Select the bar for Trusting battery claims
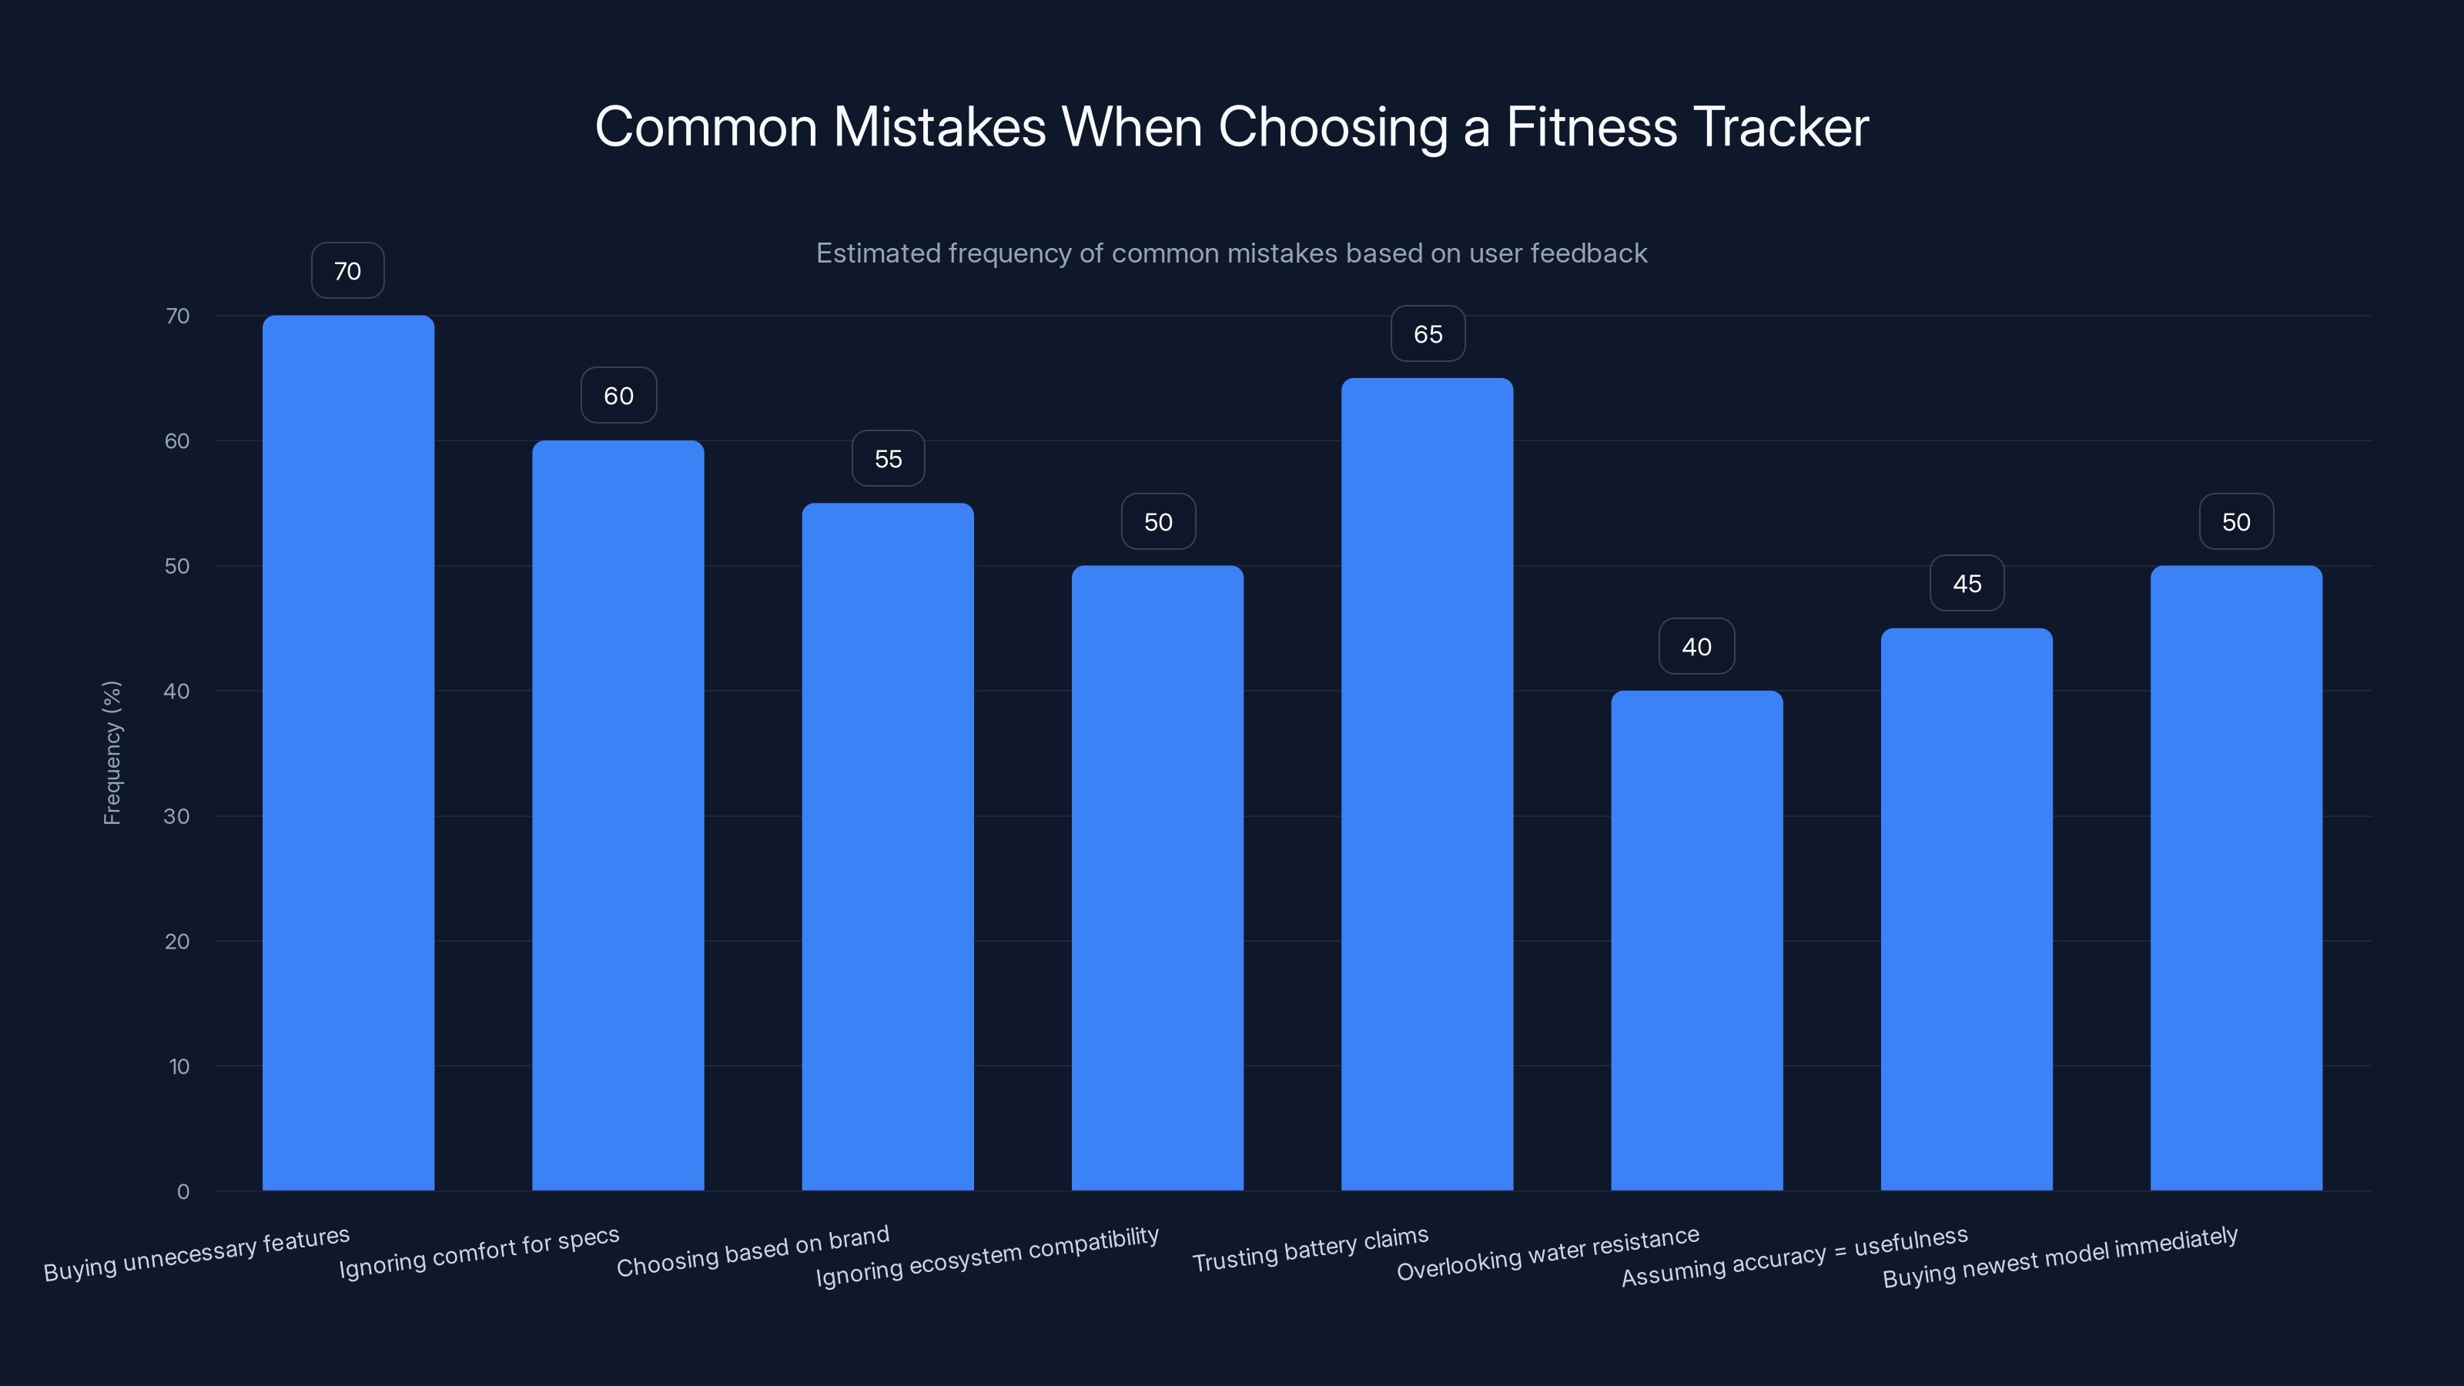click(x=1427, y=785)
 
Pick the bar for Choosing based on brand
click(x=888, y=846)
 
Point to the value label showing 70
click(x=348, y=271)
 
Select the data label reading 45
click(x=1967, y=584)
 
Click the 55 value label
click(x=888, y=459)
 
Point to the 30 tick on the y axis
click(x=177, y=816)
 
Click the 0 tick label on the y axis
click(x=182, y=1191)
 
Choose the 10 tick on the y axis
click(x=179, y=1066)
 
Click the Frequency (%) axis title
click(x=112, y=753)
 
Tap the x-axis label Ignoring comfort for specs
click(x=479, y=1252)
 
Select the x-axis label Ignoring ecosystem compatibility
click(x=987, y=1256)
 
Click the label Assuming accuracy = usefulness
click(x=1794, y=1256)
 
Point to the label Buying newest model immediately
click(x=2061, y=1257)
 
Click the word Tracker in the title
click(x=1780, y=127)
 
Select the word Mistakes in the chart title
click(x=939, y=127)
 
